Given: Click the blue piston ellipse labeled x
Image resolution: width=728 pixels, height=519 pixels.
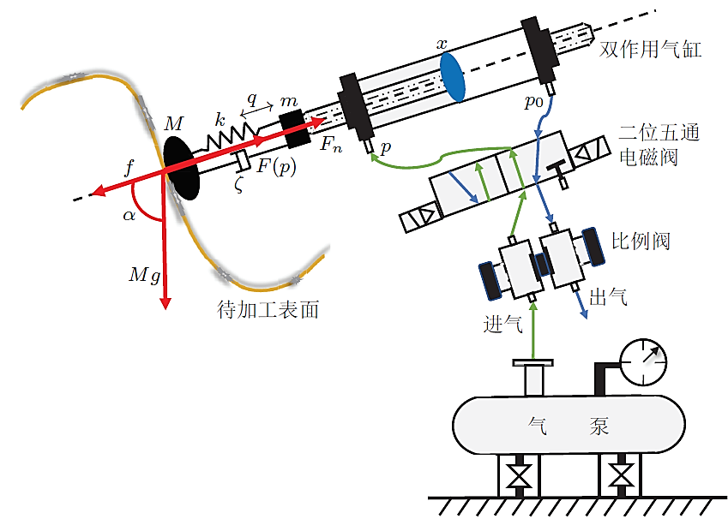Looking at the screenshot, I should tap(452, 76).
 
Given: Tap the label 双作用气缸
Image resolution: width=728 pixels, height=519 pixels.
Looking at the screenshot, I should tap(651, 50).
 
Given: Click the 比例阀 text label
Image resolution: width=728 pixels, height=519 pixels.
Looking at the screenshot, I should tap(640, 241).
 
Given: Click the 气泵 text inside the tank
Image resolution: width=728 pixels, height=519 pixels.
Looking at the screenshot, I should tap(565, 426).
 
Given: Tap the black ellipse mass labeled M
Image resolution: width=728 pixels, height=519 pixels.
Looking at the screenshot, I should tap(181, 164).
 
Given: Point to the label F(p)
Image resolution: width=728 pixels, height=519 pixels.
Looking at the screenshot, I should tap(276, 167).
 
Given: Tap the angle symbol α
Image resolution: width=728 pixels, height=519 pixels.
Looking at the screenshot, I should tap(129, 215).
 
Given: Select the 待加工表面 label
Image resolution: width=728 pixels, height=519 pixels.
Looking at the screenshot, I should tap(268, 310).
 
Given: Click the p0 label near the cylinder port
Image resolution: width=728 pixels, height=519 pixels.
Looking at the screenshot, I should tap(534, 102).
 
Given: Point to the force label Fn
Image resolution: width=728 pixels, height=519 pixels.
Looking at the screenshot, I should tap(331, 146).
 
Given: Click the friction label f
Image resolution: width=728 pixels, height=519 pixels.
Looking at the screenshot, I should tap(129, 167).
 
